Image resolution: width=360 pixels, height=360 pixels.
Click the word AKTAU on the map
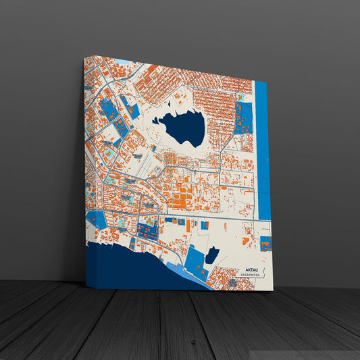click(252, 269)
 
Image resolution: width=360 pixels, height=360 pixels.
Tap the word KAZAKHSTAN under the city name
click(251, 276)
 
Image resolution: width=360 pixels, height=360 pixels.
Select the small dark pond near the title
click(212, 255)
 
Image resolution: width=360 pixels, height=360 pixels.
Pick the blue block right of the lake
click(243, 118)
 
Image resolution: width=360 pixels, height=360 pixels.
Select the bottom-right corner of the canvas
click(272, 291)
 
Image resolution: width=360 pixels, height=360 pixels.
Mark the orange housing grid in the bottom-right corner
click(233, 278)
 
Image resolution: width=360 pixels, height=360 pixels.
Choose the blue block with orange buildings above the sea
click(147, 231)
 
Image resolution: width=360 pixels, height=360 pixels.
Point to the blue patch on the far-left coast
click(97, 220)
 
